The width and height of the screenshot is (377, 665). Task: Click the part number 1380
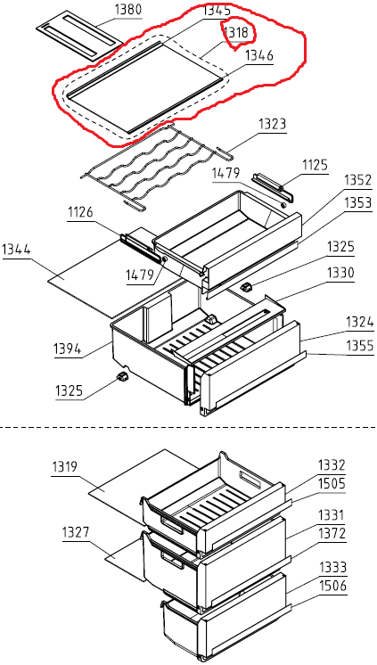point(128,10)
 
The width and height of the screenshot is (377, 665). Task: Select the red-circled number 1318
point(237,33)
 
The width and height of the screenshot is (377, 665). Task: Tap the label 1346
point(258,55)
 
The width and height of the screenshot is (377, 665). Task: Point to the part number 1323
point(272,125)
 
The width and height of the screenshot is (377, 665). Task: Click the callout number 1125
point(316,165)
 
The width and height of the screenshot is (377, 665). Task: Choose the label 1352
point(358,181)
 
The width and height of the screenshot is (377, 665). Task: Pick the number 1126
point(81,212)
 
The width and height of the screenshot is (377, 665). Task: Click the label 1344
point(17,249)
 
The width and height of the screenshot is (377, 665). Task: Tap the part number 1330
point(340,273)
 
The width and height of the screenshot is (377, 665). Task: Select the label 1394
point(67,349)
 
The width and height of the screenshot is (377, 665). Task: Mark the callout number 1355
point(360,346)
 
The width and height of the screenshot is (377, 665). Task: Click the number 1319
point(64,467)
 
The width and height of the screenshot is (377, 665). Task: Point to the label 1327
point(76,532)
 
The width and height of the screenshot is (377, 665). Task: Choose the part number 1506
point(333,587)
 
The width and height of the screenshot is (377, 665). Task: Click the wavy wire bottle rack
point(157,166)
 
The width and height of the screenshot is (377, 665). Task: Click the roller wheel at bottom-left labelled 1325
point(122,376)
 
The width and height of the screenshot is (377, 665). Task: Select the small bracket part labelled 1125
point(272,185)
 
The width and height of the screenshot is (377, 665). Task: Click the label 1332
point(332,466)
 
